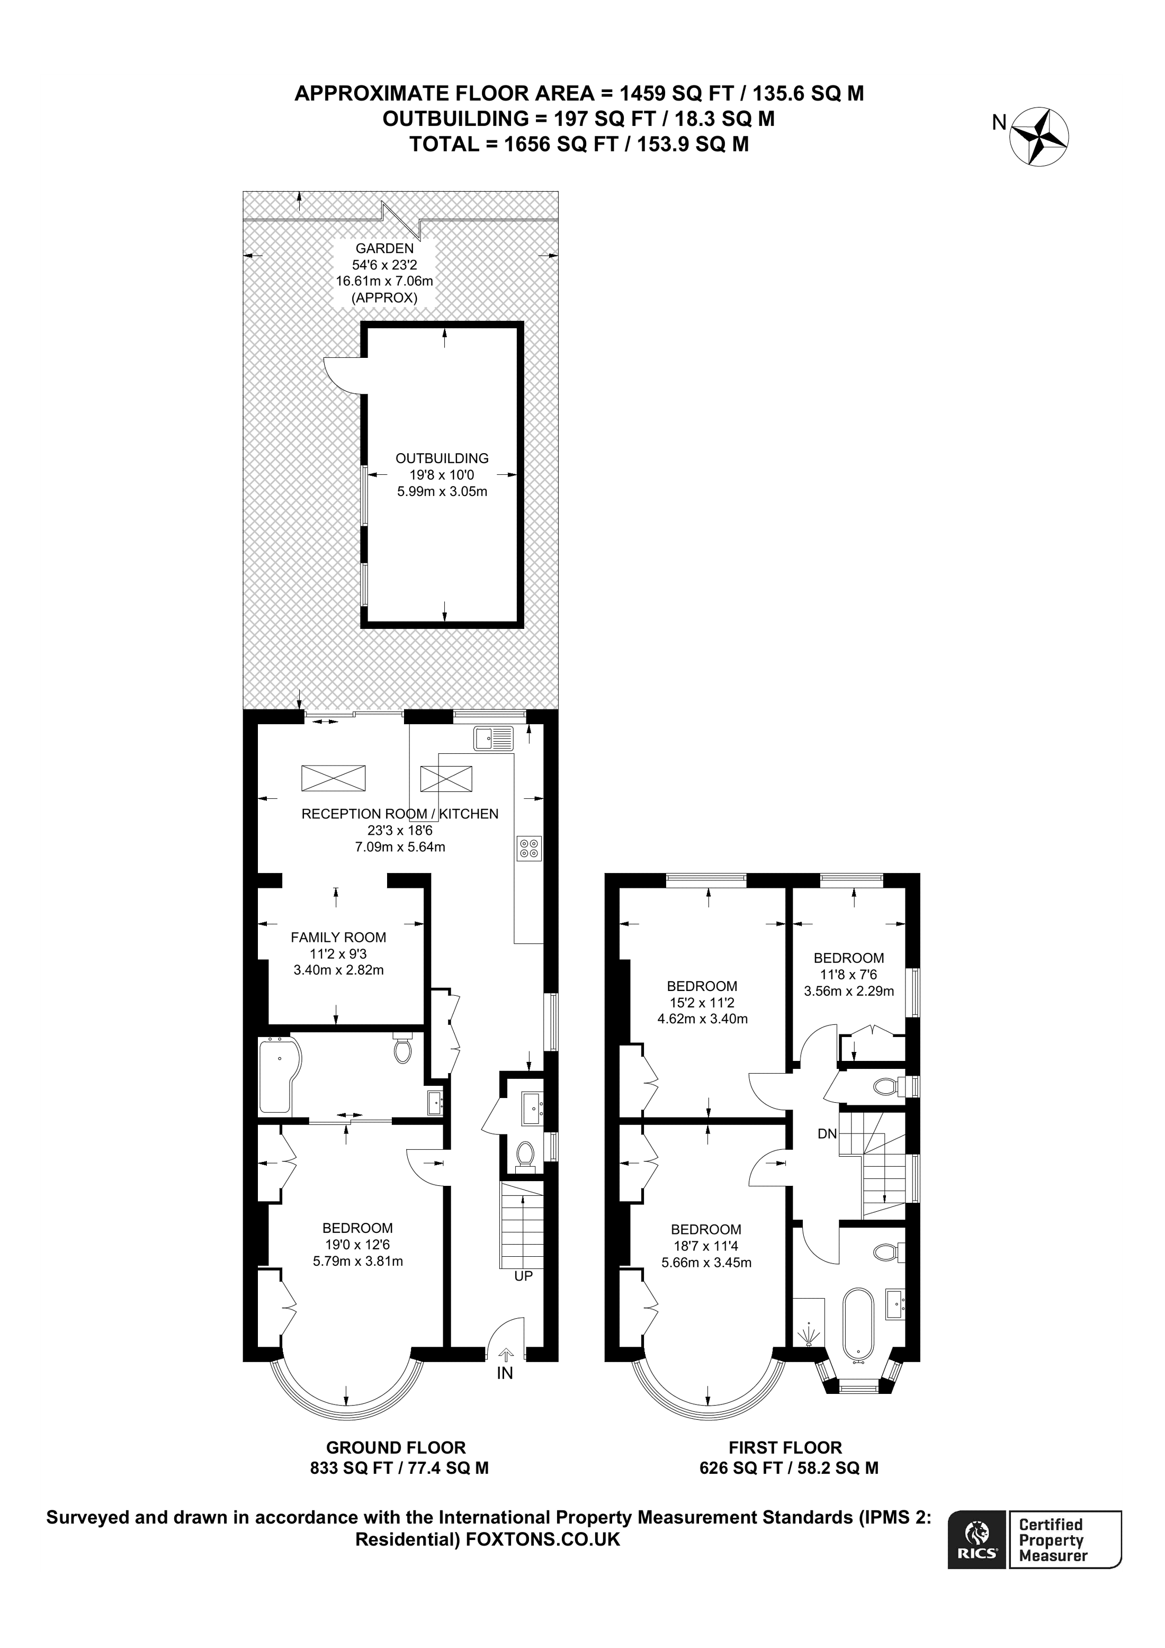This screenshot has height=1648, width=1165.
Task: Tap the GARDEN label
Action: [x=385, y=248]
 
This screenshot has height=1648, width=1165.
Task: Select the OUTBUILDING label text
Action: [x=442, y=458]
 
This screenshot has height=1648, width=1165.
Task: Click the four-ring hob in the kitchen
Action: [x=528, y=849]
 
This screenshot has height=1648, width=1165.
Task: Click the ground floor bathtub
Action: [x=279, y=1075]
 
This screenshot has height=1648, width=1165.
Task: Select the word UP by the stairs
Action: [x=523, y=1276]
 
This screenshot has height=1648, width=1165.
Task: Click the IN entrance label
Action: [x=505, y=1373]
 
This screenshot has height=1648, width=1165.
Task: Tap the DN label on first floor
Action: [x=827, y=1134]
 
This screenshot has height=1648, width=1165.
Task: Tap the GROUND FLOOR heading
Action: [x=396, y=1448]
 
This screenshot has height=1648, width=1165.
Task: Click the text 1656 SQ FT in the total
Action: [x=561, y=145]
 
